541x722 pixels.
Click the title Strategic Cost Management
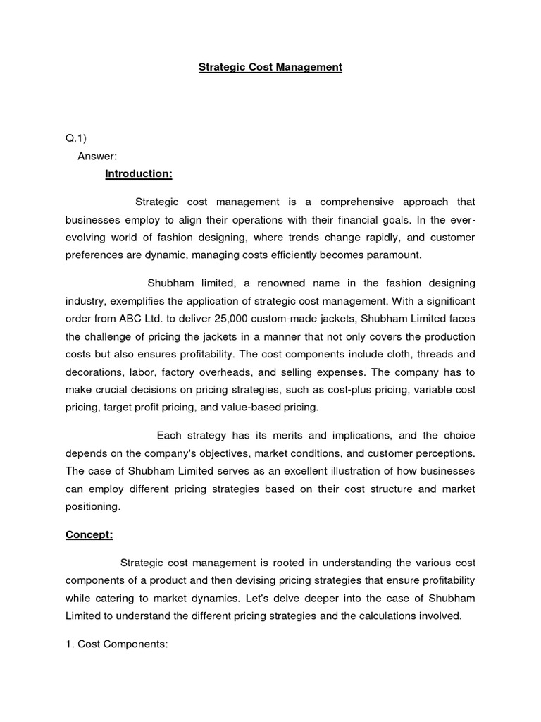pos(270,67)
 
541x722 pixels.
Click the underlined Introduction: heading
pos(139,173)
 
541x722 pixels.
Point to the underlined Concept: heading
pos(89,534)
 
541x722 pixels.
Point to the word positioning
pos(93,506)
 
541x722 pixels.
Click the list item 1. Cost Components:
pos(116,644)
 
